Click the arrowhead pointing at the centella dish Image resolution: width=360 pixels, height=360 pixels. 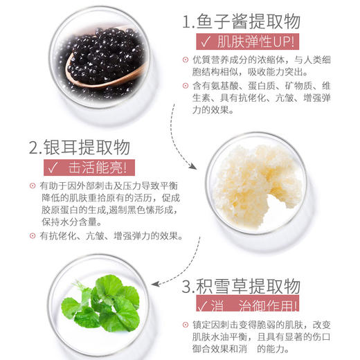tap(159, 284)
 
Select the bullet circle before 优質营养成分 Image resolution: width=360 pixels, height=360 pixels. tap(186, 60)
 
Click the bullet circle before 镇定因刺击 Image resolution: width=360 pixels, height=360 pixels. tap(186, 324)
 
